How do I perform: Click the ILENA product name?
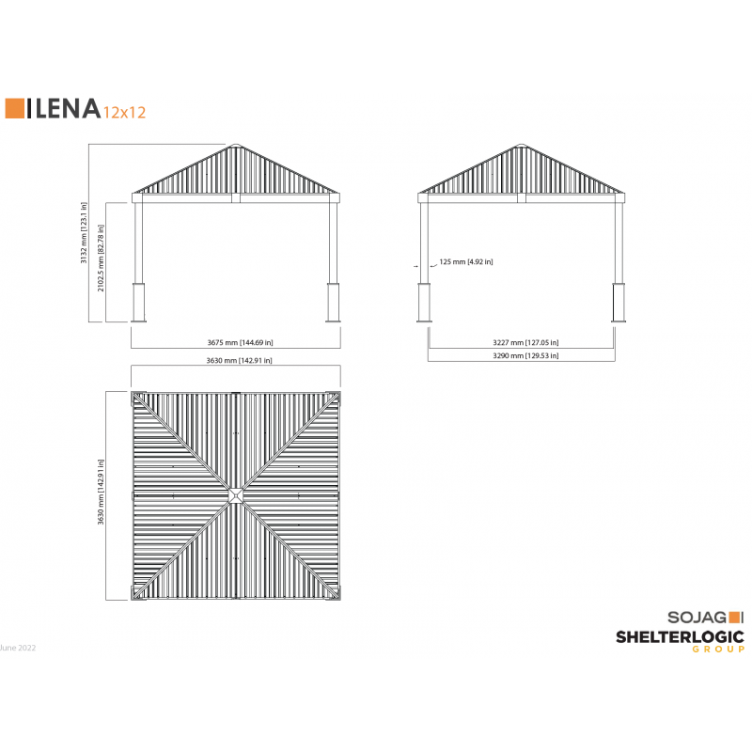tap(63, 108)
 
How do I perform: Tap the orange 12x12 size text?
tap(125, 112)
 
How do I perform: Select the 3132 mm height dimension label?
tap(84, 232)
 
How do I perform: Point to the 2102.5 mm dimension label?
tap(101, 258)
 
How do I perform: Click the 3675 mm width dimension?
tap(240, 342)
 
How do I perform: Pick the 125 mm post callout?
tap(465, 262)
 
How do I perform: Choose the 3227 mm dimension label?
tap(525, 342)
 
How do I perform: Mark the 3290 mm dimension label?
tap(525, 355)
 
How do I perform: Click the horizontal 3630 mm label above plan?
tap(239, 360)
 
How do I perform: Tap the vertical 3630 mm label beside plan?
tap(101, 492)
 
